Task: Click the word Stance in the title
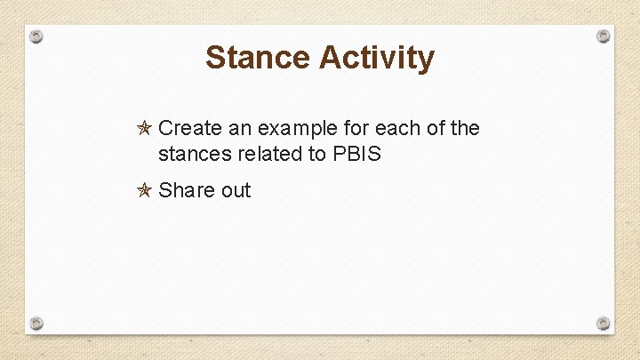[x=258, y=58]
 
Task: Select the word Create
[x=188, y=129]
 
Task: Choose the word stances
[x=194, y=154]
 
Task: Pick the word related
[x=269, y=154]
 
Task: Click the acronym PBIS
[x=356, y=154]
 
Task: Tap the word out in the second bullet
[x=236, y=190]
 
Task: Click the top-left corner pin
[x=36, y=36]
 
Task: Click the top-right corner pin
[x=603, y=36]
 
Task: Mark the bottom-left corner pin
[x=36, y=322]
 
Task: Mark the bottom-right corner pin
[x=603, y=323]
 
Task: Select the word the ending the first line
[x=465, y=129]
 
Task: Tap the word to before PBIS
[x=316, y=154]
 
